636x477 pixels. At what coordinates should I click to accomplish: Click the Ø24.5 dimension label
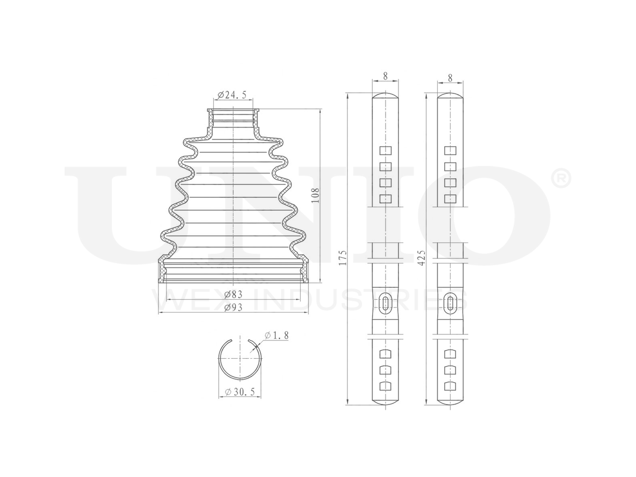232,94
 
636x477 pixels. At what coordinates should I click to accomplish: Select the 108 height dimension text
315,195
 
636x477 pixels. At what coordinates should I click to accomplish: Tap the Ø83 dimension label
233,294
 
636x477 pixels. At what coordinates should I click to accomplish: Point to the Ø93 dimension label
233,307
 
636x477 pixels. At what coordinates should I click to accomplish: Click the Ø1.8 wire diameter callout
276,335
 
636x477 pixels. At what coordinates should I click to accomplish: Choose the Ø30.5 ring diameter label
240,392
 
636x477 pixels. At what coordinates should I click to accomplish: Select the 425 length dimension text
422,257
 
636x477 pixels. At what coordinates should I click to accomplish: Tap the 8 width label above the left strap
385,76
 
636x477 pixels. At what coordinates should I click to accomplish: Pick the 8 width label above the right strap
450,78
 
